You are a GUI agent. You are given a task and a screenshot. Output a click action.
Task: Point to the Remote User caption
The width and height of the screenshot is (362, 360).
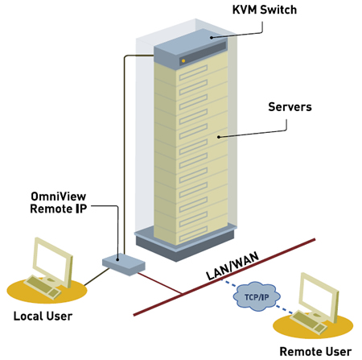[x=315, y=350]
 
